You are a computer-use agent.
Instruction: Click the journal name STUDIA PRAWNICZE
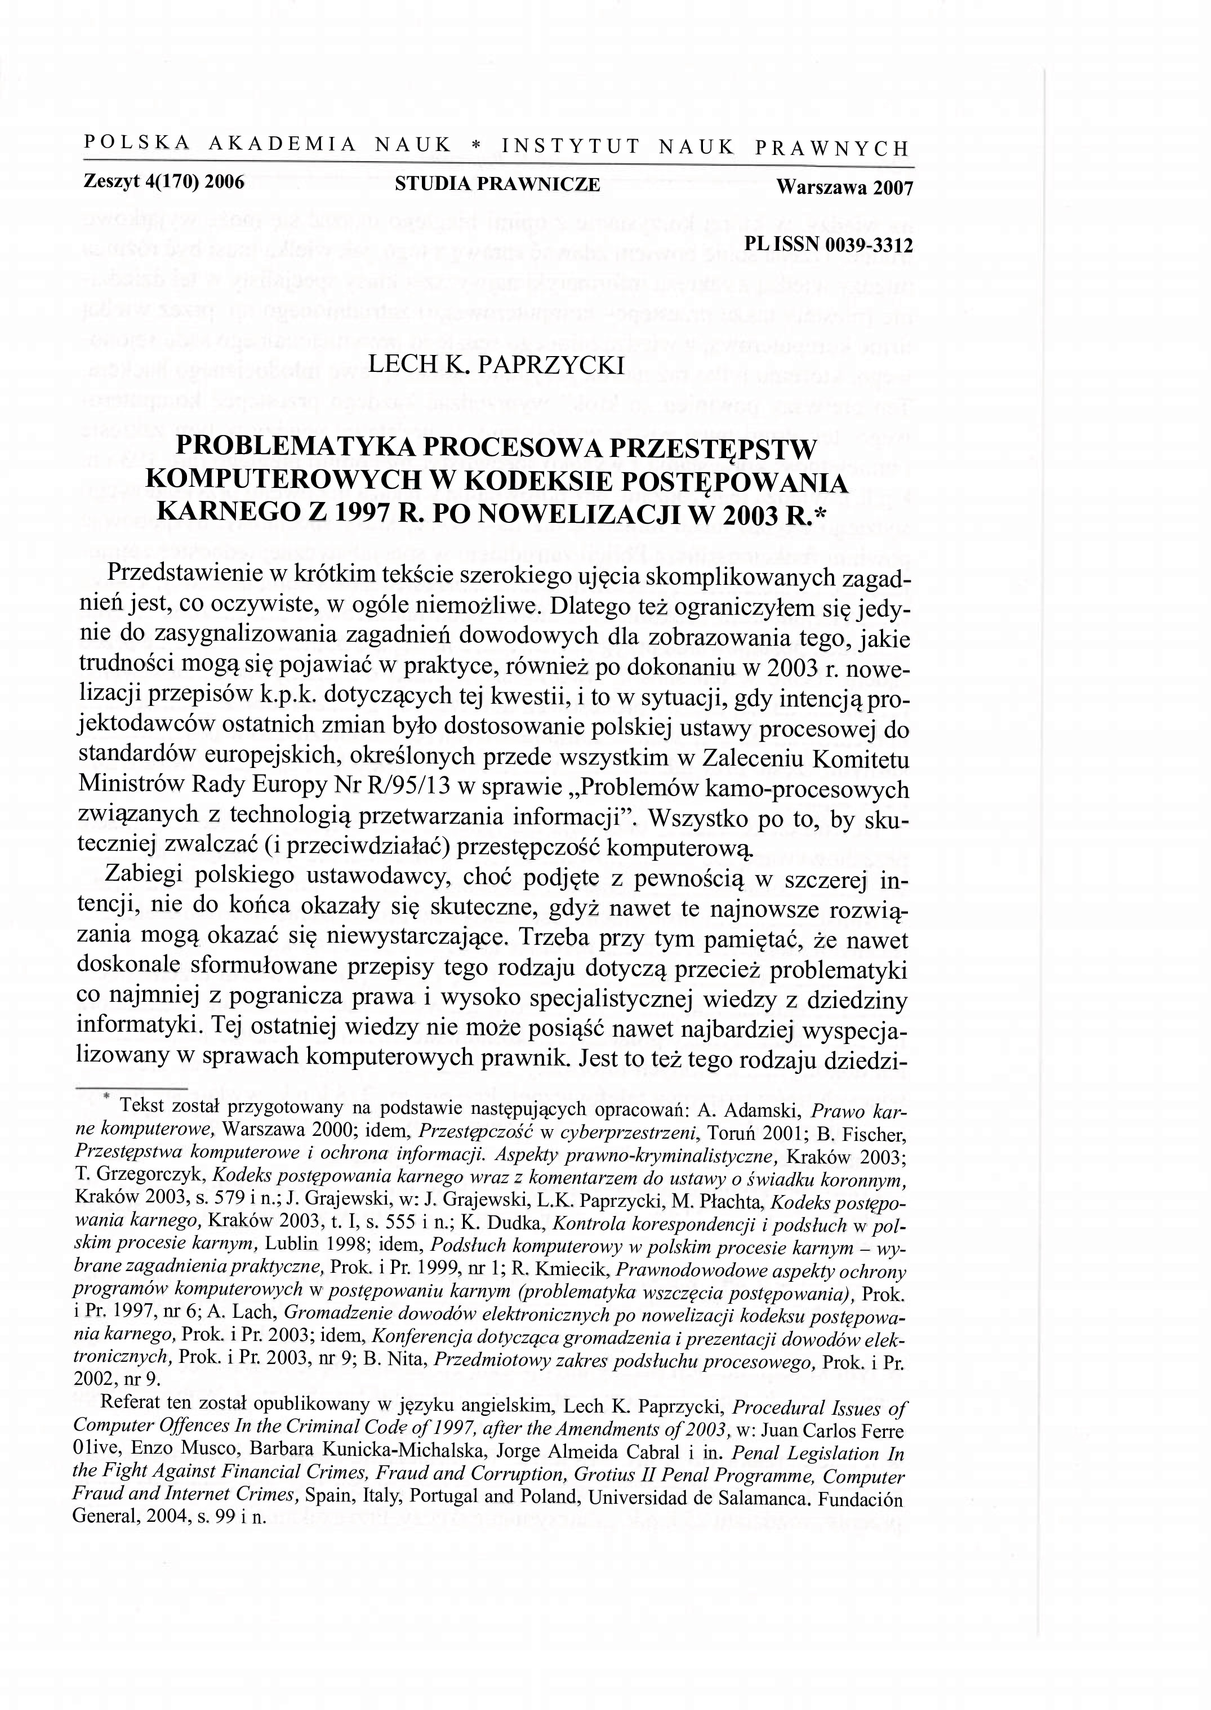(497, 184)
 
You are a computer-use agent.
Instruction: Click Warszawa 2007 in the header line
(844, 188)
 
